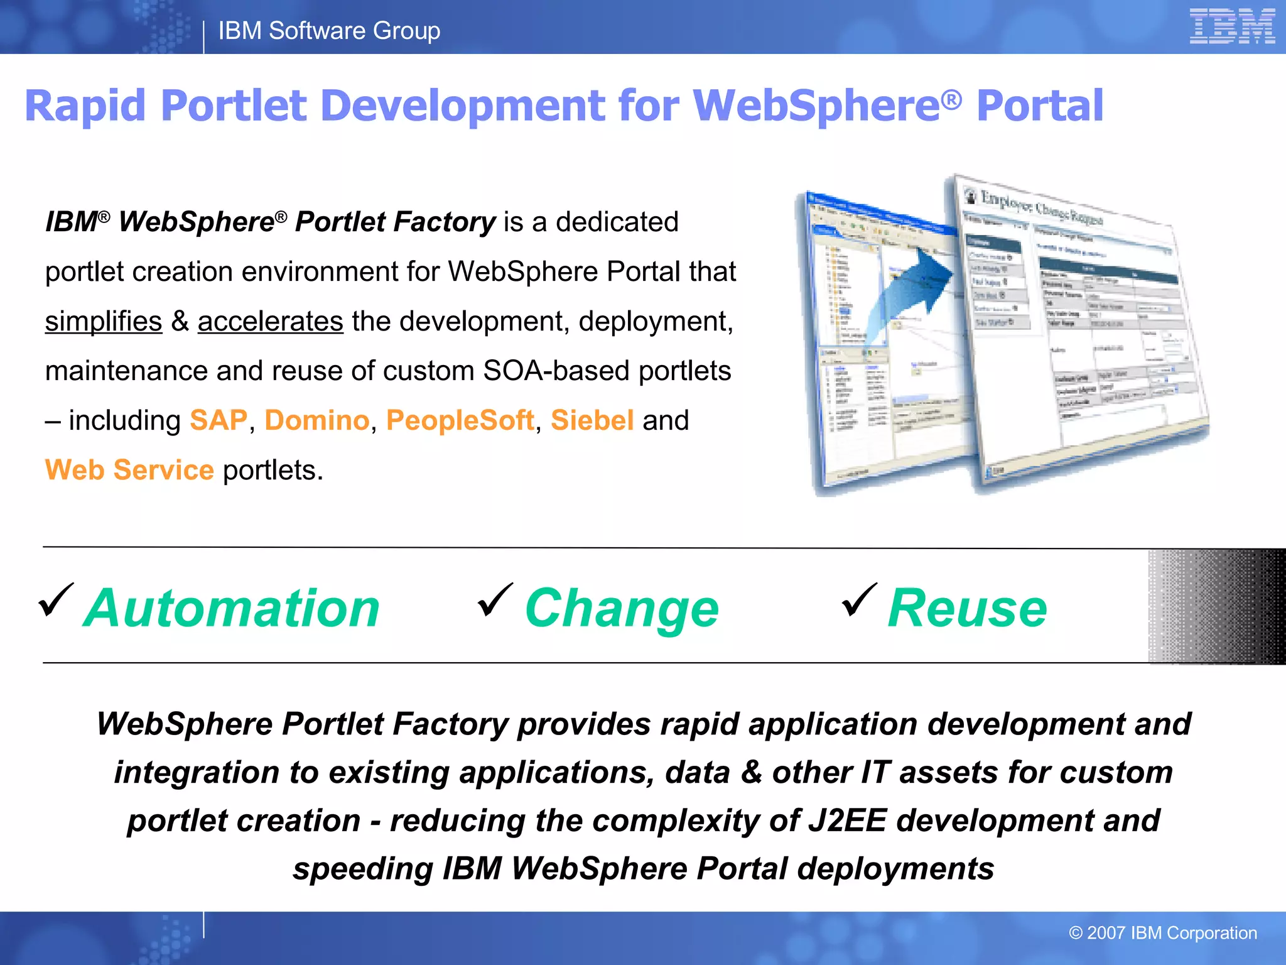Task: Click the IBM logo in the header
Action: tap(1231, 26)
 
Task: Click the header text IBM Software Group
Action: tap(329, 30)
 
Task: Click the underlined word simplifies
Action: tap(104, 321)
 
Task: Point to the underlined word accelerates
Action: tap(271, 321)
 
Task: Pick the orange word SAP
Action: tap(219, 420)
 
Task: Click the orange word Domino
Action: tap(317, 420)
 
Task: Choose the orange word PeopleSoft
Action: tap(460, 420)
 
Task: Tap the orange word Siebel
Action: tap(592, 420)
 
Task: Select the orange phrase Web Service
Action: tap(129, 470)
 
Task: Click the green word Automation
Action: tap(232, 608)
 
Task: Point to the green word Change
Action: tap(622, 608)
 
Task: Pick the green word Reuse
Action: tap(967, 608)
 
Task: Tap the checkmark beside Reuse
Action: tap(859, 600)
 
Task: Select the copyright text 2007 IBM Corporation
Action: tap(1163, 933)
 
